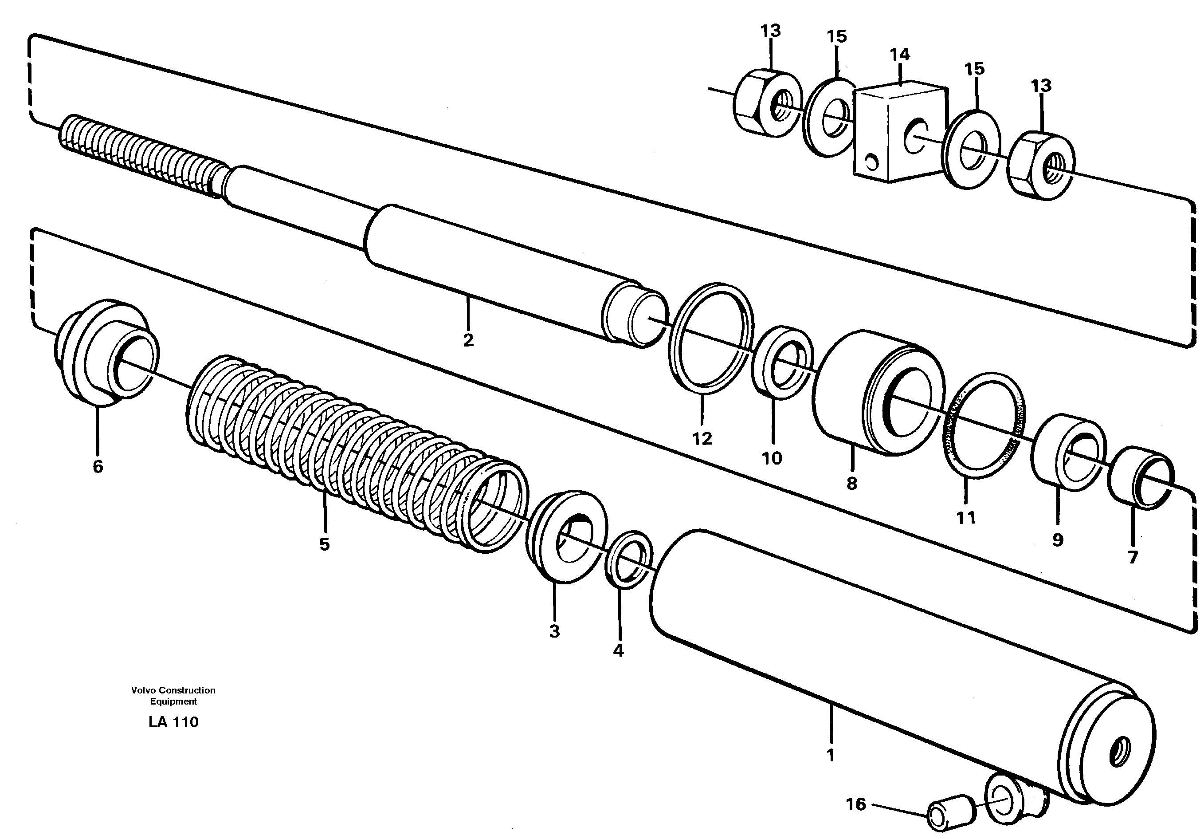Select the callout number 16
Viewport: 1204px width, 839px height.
[x=856, y=804]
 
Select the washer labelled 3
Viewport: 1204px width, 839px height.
[x=565, y=536]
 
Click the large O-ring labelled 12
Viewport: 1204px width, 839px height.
[x=710, y=339]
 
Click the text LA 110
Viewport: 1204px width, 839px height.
[x=173, y=722]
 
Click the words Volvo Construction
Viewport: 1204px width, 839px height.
[x=173, y=690]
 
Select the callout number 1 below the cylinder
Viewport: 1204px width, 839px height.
[x=830, y=756]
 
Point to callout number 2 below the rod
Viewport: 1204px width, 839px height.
[x=468, y=340]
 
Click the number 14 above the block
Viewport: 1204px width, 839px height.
[x=900, y=55]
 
